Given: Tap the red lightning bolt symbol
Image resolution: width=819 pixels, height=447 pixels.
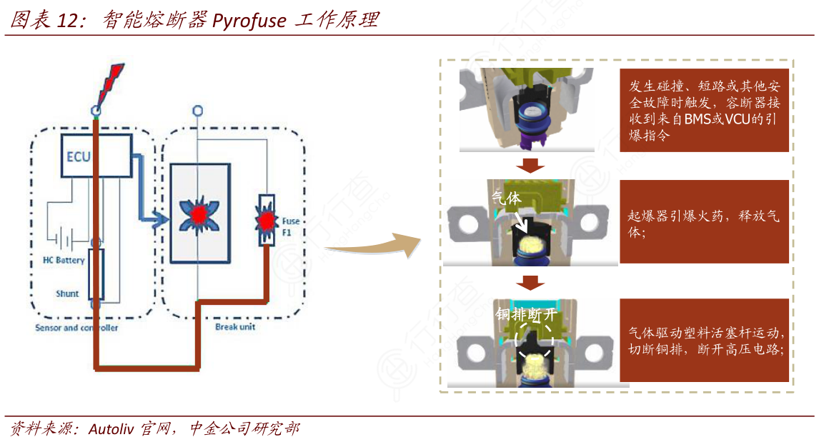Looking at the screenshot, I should pos(110,84).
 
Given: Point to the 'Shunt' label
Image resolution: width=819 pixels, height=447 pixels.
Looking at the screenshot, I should pos(67,293).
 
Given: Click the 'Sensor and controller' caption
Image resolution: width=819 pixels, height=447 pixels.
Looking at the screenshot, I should pos(76,328).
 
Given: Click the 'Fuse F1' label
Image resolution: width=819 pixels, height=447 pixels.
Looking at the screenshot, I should pos(291,226).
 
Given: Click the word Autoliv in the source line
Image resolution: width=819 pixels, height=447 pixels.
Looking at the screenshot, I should pos(114,429).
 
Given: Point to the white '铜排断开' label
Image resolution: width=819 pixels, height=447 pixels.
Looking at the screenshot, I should pos(525,314).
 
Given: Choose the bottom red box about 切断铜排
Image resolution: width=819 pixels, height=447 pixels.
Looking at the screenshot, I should pos(704,341).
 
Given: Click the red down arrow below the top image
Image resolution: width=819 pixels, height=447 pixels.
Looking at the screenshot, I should pos(530,166).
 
